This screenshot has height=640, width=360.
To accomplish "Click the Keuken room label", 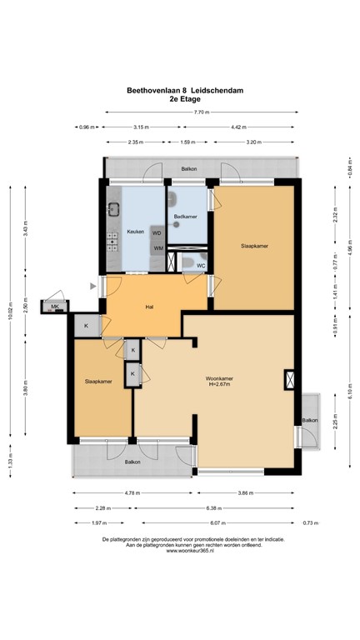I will (135, 231).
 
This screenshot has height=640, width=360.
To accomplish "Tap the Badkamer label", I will (184, 217).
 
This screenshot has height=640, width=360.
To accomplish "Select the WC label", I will (201, 266).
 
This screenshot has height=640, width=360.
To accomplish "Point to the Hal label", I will (149, 307).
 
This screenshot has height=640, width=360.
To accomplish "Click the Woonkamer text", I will (220, 378).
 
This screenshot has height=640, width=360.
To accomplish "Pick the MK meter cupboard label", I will (55, 307).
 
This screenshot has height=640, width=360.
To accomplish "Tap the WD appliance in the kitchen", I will (157, 232).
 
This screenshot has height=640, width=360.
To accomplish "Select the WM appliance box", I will (157, 248).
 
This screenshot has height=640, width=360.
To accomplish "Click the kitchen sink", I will (112, 210).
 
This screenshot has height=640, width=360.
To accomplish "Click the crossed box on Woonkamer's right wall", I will (289, 380).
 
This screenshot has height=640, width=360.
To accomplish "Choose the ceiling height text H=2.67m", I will (220, 385).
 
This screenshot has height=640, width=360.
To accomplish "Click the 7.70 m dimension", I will (199, 112).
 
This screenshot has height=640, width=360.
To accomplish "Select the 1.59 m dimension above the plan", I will (187, 142).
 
